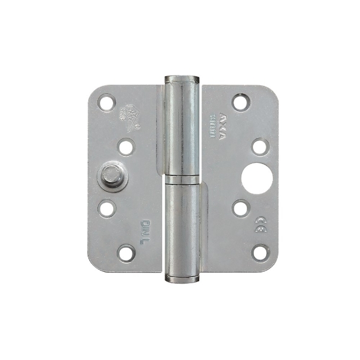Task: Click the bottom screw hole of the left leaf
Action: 126,253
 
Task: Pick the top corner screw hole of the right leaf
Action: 240,102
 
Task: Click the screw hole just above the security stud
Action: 126,146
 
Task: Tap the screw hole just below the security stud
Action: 107,209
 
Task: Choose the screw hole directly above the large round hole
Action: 260,146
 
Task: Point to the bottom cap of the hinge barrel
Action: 182,279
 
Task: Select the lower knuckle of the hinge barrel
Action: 182,230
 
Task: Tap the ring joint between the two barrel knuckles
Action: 182,180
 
